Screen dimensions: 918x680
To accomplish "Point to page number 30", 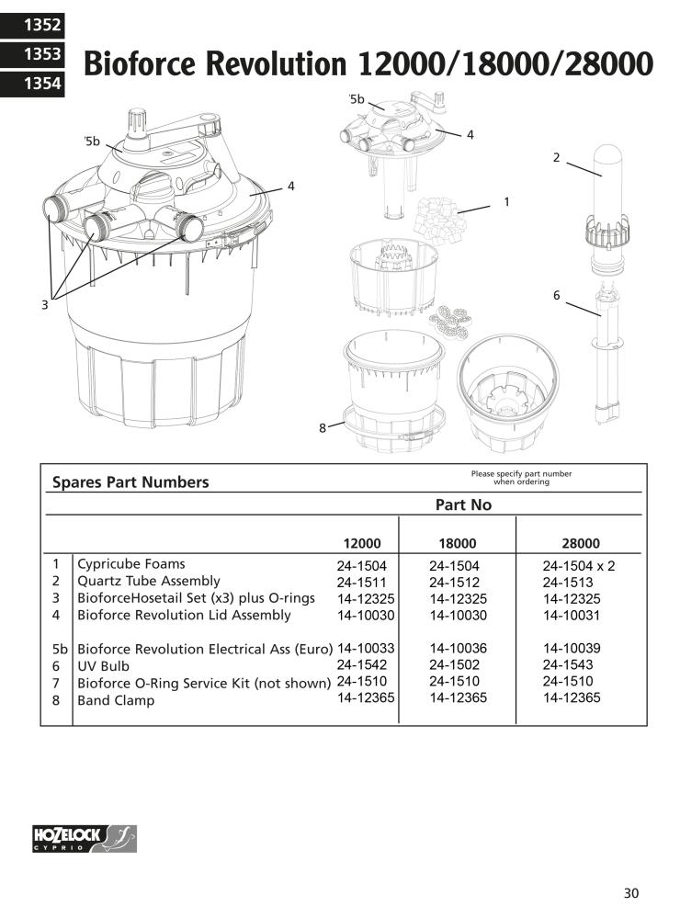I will (x=630, y=893).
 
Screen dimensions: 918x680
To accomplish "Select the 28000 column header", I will (x=581, y=543).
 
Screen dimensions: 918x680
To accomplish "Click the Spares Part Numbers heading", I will (x=130, y=482).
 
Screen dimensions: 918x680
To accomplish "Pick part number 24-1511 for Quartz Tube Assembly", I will (x=361, y=582).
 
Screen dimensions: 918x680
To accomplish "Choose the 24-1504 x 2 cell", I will (x=578, y=565).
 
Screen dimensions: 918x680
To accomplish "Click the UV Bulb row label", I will (x=103, y=665).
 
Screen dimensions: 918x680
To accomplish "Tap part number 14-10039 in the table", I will (x=572, y=648).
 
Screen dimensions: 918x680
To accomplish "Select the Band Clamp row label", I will (x=116, y=700).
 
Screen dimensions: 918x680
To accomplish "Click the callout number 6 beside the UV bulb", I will (x=557, y=295).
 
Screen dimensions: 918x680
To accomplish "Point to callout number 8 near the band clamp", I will (x=323, y=426).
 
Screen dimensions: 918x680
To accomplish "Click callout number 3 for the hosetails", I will (x=44, y=305).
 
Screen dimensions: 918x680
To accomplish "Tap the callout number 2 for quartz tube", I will (x=556, y=157).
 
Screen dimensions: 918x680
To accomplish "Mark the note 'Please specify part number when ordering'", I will (x=521, y=478).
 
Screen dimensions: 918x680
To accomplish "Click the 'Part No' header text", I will (x=463, y=504).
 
